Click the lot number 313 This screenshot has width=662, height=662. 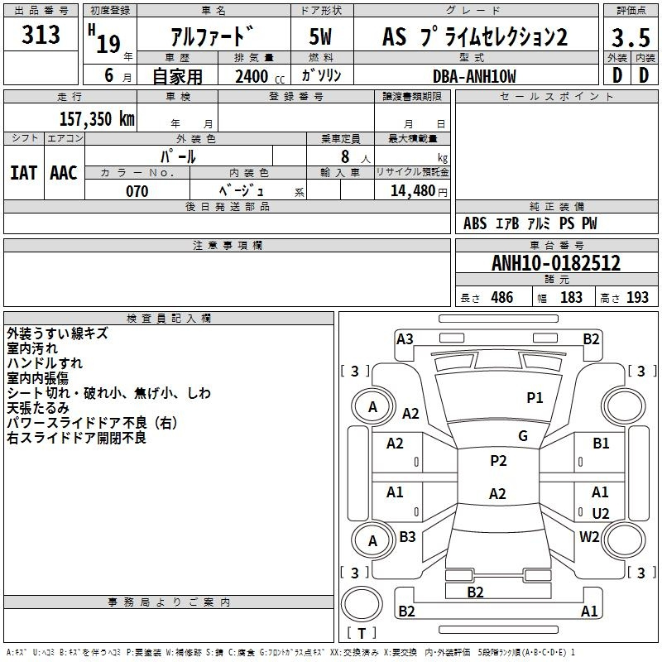coord(41,34)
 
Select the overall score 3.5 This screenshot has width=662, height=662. coord(631,37)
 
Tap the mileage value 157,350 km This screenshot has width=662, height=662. coord(97,119)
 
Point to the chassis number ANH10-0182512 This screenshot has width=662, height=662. coord(556,263)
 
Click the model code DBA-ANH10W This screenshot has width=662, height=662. coord(474,76)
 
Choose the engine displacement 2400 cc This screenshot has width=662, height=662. coord(260,76)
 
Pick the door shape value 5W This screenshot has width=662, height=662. coord(320,36)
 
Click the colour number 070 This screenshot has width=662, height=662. coord(137,191)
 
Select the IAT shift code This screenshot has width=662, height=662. coord(23,173)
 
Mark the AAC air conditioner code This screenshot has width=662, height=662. coord(64,173)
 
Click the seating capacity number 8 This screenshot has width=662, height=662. coord(345,156)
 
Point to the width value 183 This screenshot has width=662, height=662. coord(571,297)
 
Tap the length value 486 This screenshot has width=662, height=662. coord(502,297)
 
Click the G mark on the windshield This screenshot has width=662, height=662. coord(523,436)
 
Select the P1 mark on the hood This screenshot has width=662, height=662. coord(535,398)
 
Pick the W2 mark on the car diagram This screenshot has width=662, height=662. coord(589,537)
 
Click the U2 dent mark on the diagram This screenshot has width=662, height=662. coord(601,513)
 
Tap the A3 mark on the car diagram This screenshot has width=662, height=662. coord(405,339)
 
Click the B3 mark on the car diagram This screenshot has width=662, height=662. coord(407,536)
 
